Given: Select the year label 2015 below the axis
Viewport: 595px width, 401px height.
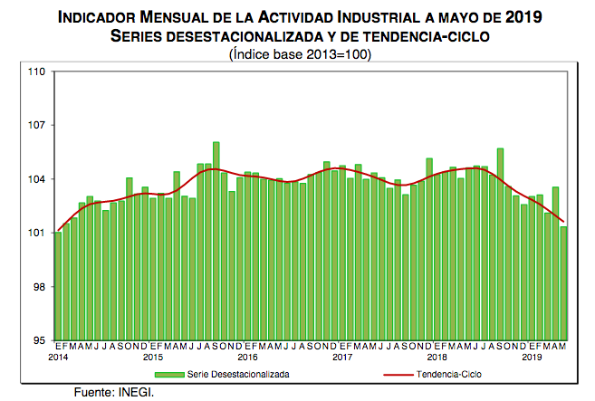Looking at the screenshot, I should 153,358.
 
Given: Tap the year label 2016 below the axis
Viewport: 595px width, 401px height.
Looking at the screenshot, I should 248,358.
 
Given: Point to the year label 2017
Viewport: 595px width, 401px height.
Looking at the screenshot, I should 342,358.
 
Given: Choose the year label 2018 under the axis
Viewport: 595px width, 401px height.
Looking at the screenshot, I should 437,358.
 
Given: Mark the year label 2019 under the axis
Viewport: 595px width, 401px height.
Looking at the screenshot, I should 533,358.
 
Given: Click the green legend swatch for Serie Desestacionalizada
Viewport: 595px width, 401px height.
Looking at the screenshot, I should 168,373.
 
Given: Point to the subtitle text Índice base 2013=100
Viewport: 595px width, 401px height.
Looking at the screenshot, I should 300,53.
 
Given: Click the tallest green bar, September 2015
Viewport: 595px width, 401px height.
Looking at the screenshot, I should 216,241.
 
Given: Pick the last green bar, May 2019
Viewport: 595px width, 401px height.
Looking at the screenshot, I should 564,283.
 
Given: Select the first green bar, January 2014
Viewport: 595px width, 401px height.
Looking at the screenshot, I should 58,286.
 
